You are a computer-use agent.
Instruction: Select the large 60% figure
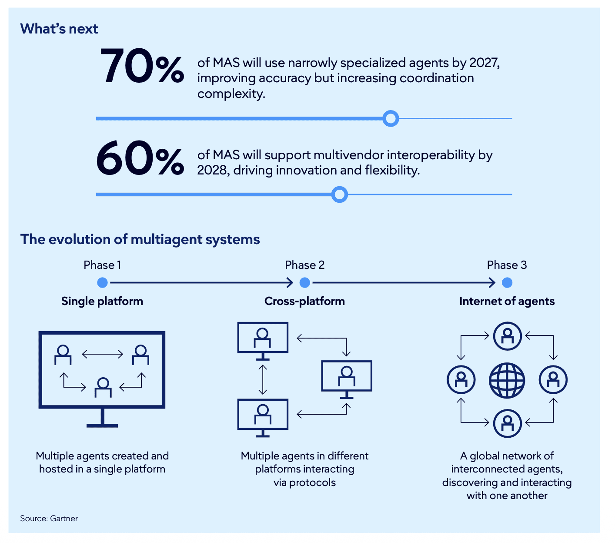[x=140, y=160]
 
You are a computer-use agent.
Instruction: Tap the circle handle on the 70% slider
[x=391, y=118]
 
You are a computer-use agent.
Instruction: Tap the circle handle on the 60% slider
[x=339, y=194]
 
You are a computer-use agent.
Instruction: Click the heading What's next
[x=59, y=29]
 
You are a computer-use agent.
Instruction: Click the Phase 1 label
[x=102, y=265]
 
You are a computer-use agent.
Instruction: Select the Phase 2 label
[x=304, y=265]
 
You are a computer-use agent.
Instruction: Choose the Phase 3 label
[x=507, y=265]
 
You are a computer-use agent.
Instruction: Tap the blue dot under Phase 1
[x=102, y=283]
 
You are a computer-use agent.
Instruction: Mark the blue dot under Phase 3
[x=507, y=283]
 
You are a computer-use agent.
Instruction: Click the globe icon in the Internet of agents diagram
[x=507, y=380]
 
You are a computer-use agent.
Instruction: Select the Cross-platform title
[x=304, y=301]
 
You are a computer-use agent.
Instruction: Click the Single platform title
[x=102, y=301]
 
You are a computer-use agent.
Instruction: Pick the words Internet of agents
[x=507, y=301]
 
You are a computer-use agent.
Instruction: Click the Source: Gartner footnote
[x=49, y=519]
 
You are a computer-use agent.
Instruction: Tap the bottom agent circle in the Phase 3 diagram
[x=507, y=423]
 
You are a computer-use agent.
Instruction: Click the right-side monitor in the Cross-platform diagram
[x=347, y=376]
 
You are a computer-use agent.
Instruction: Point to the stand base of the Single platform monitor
[x=102, y=425]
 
